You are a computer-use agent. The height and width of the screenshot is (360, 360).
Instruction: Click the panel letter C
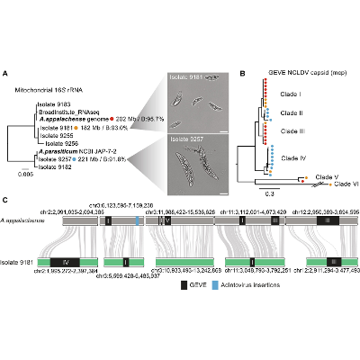(7, 199)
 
